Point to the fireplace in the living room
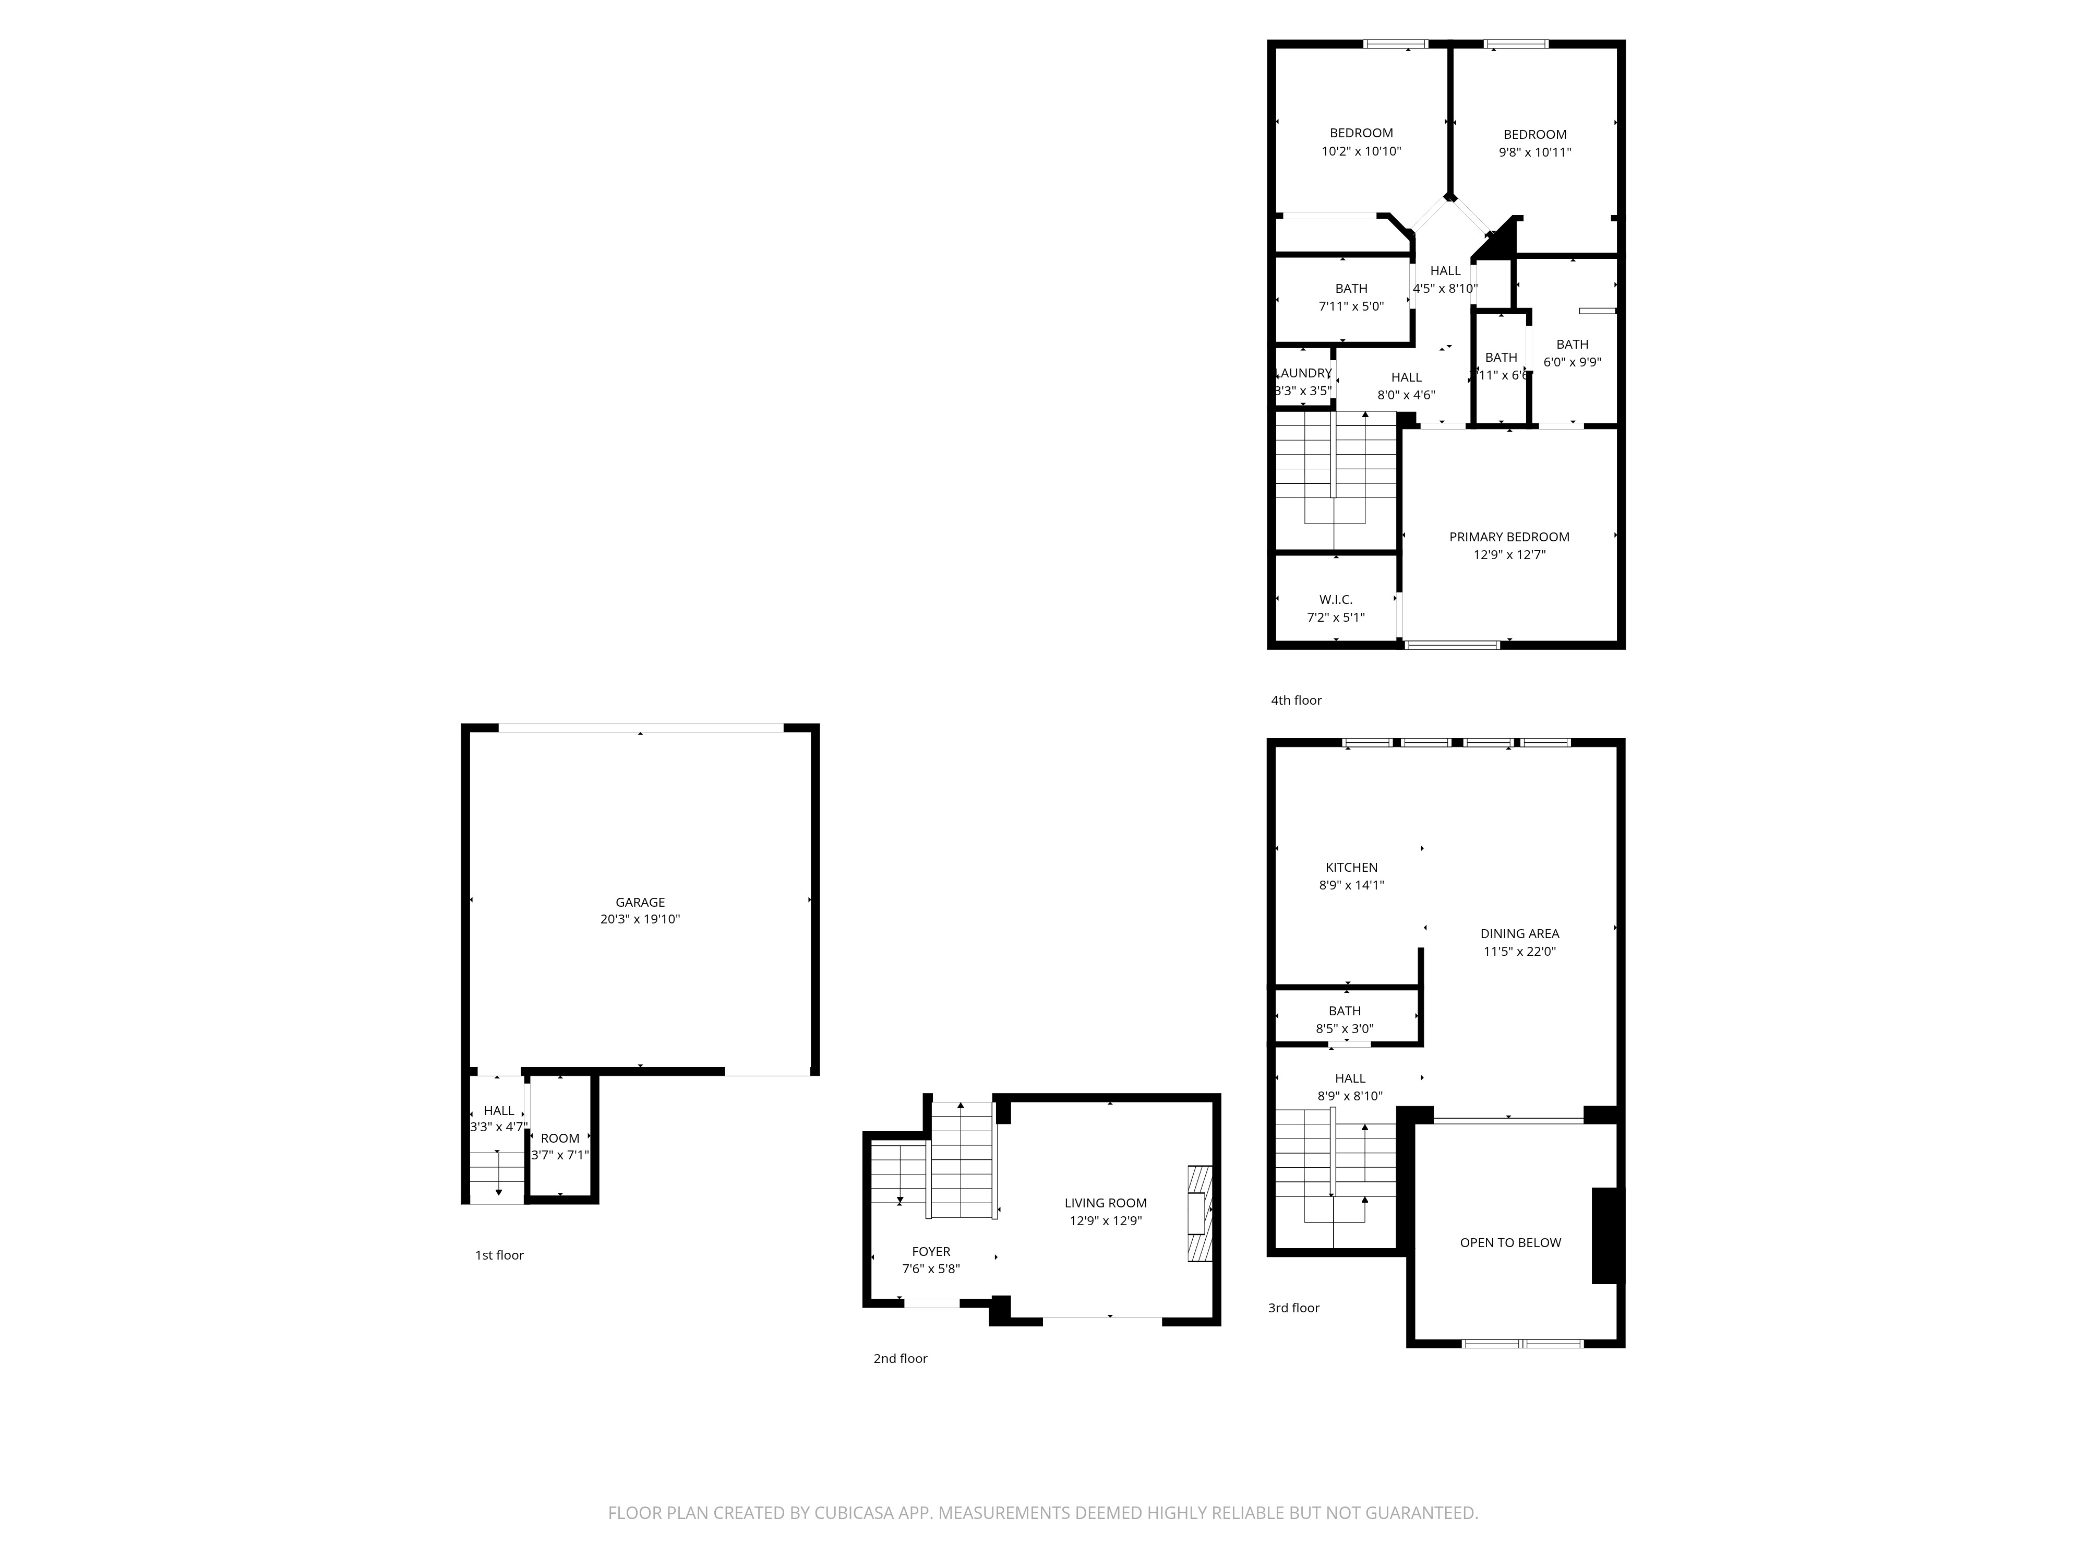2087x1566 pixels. pyautogui.click(x=1198, y=1214)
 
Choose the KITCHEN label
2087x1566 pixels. pyautogui.click(x=1351, y=868)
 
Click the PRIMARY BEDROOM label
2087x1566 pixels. pyautogui.click(x=1509, y=537)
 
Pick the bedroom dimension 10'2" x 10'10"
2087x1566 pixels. pyautogui.click(x=1361, y=151)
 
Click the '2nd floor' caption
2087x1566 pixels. pyautogui.click(x=900, y=1358)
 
